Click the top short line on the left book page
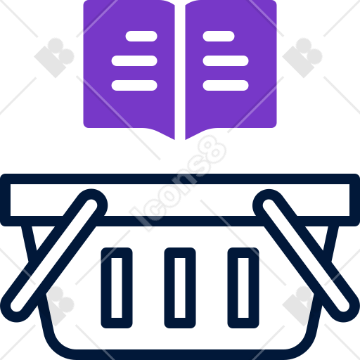(x=141, y=36)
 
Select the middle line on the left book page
(x=134, y=60)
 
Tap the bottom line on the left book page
(x=134, y=85)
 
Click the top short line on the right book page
(x=219, y=36)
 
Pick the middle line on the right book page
(x=226, y=60)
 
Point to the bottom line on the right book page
(x=226, y=85)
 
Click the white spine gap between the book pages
(x=180, y=70)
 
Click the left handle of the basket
(x=54, y=255)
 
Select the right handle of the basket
(x=306, y=255)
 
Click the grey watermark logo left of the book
(x=54, y=58)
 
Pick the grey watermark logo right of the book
(x=302, y=58)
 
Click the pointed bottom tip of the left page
(x=174, y=139)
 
